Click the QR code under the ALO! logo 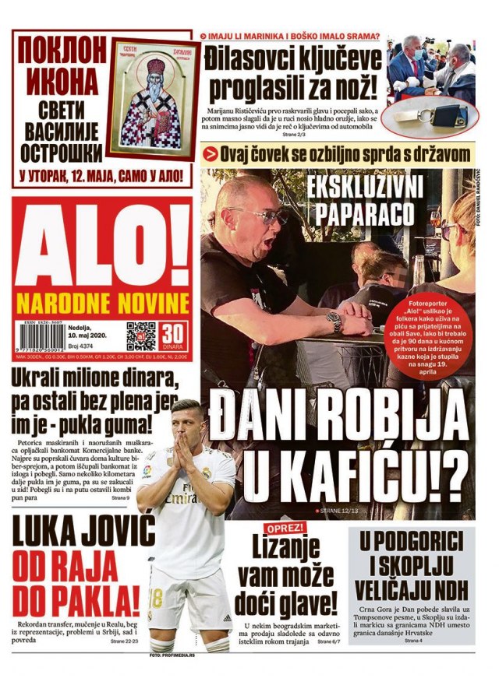tap(141, 335)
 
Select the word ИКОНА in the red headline tap(61, 81)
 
